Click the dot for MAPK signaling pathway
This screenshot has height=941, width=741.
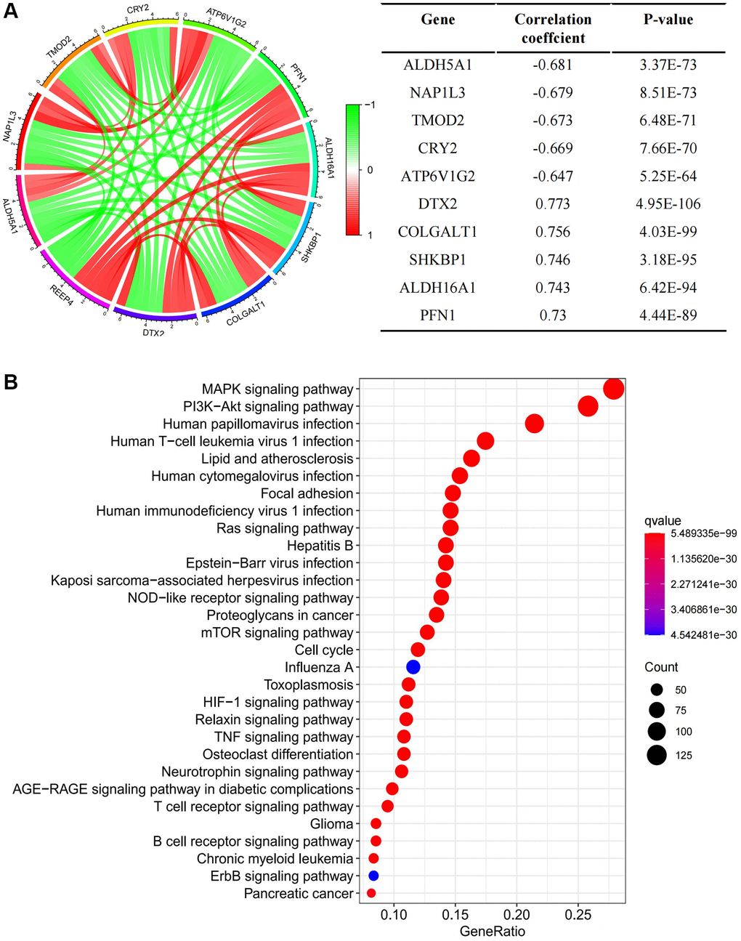[614, 389]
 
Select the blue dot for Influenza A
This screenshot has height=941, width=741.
[413, 667]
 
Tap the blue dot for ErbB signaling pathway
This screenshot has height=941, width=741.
[373, 876]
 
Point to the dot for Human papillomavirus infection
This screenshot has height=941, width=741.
[534, 424]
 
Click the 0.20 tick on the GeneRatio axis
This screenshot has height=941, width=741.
[517, 913]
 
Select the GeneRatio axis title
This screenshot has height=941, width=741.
[492, 931]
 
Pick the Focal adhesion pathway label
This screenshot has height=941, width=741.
[307, 493]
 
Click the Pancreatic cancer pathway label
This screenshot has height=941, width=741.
[299, 894]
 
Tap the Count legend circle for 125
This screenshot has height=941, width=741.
[657, 755]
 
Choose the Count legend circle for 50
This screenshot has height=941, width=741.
[657, 690]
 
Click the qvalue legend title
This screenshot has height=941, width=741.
[662, 520]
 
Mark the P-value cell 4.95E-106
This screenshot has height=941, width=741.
[668, 204]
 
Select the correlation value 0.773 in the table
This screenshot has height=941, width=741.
[553, 204]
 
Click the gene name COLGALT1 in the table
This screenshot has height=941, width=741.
[437, 232]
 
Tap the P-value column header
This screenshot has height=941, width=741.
[668, 20]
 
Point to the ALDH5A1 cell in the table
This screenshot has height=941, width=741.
[437, 65]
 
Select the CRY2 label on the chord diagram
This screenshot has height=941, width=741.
[138, 9]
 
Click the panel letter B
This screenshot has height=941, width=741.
[10, 382]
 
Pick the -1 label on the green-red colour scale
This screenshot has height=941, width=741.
[370, 105]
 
